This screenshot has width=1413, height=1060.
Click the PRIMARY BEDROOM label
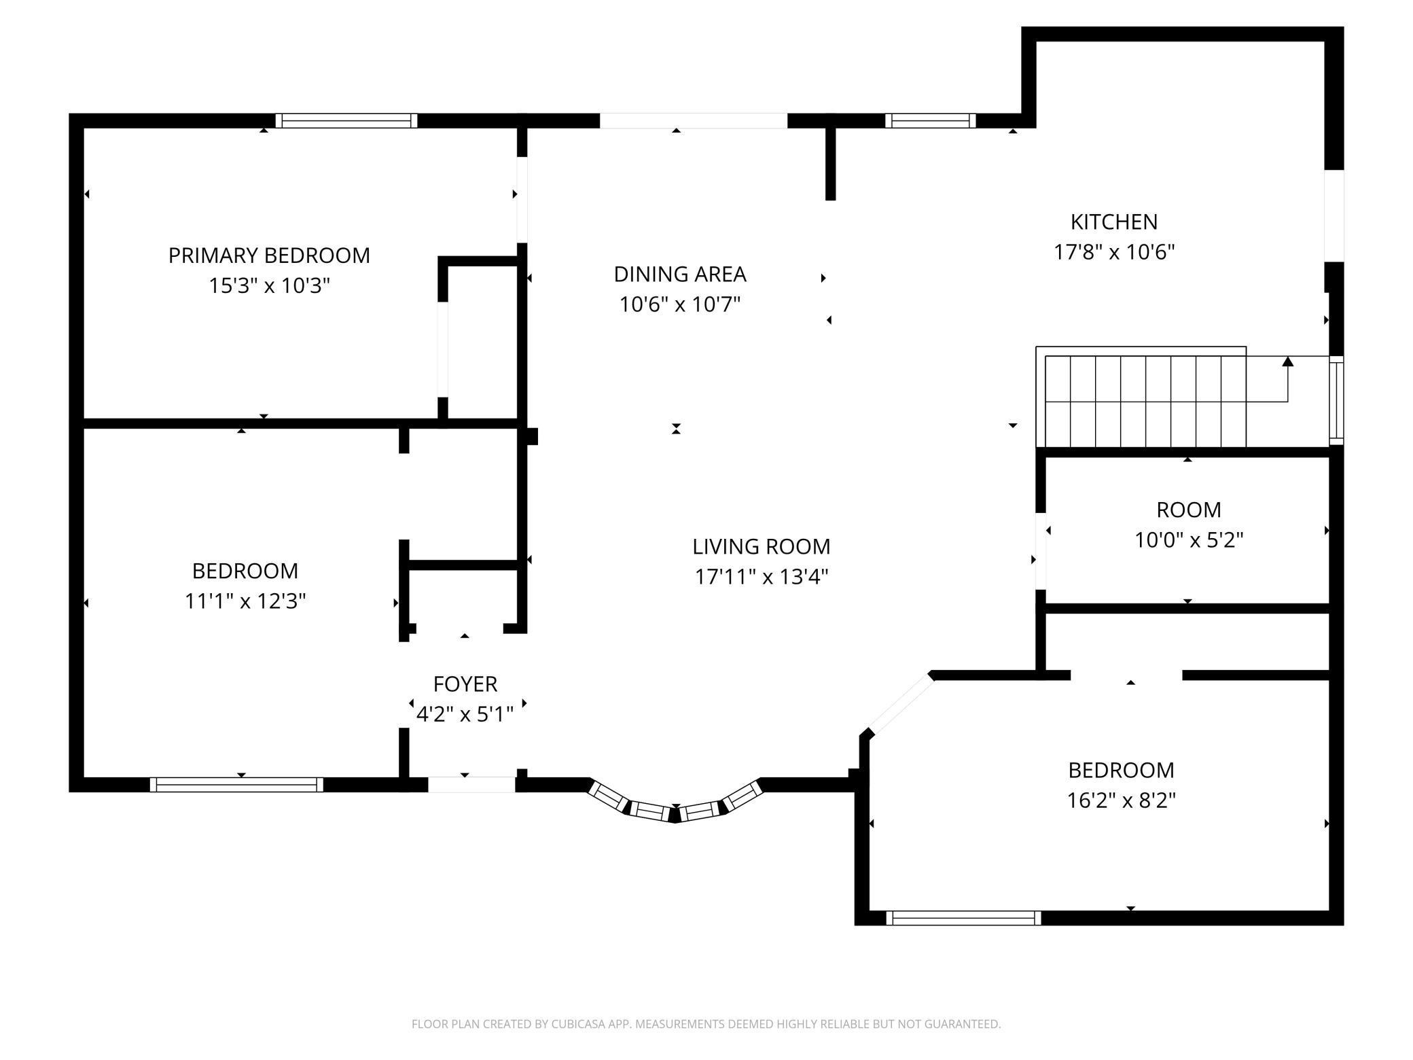click(269, 255)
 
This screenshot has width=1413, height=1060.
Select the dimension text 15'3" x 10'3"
click(269, 285)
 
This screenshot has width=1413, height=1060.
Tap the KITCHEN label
click(1114, 222)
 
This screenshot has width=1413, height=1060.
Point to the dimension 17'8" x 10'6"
click(1114, 252)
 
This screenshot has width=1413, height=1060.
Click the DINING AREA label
click(680, 274)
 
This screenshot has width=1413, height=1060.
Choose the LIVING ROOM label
click(761, 546)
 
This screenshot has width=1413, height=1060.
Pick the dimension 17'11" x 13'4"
click(761, 577)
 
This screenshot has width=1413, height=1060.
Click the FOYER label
click(465, 684)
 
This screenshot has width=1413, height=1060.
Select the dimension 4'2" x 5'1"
click(465, 714)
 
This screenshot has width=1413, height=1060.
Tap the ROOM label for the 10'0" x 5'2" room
click(1189, 510)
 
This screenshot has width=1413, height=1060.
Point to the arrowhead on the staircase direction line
click(1287, 361)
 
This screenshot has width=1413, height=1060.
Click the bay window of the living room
click(675, 809)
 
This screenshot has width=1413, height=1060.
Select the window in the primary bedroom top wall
click(346, 121)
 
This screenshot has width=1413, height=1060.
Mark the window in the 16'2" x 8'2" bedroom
click(963, 918)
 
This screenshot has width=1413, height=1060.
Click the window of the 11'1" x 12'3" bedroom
click(236, 785)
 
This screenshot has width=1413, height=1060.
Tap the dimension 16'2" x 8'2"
click(1121, 800)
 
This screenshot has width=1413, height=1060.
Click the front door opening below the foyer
click(471, 785)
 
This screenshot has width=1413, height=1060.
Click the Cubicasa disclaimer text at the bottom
click(706, 1023)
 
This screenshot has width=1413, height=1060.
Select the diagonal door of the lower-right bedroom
click(901, 705)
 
